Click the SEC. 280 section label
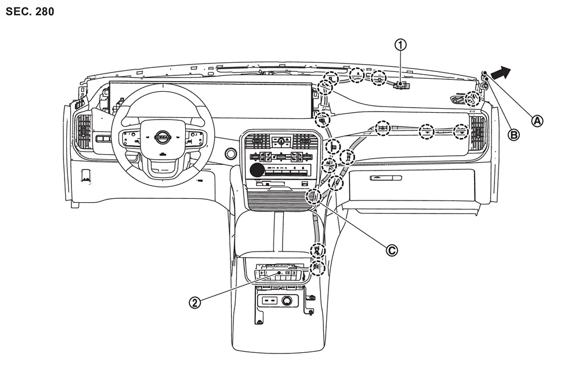pyautogui.click(x=29, y=11)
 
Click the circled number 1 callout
pyautogui.click(x=400, y=45)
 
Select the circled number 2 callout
pyautogui.click(x=195, y=302)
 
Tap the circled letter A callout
pyautogui.click(x=537, y=121)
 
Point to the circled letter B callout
pyautogui.click(x=514, y=135)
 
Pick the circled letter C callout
pyautogui.click(x=392, y=250)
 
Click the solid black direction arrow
pyautogui.click(x=501, y=73)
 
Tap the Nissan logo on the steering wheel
pyautogui.click(x=163, y=137)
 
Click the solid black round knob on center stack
pyautogui.click(x=257, y=170)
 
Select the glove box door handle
pyautogui.click(x=386, y=178)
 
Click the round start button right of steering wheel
pyautogui.click(x=230, y=154)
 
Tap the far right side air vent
pyautogui.click(x=477, y=133)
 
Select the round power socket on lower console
pyautogui.click(x=286, y=301)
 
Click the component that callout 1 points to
pyautogui.click(x=401, y=86)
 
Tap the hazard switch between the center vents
pyautogui.click(x=281, y=141)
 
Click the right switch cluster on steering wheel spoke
pyautogui.click(x=193, y=138)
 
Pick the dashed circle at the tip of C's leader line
pyautogui.click(x=314, y=197)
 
